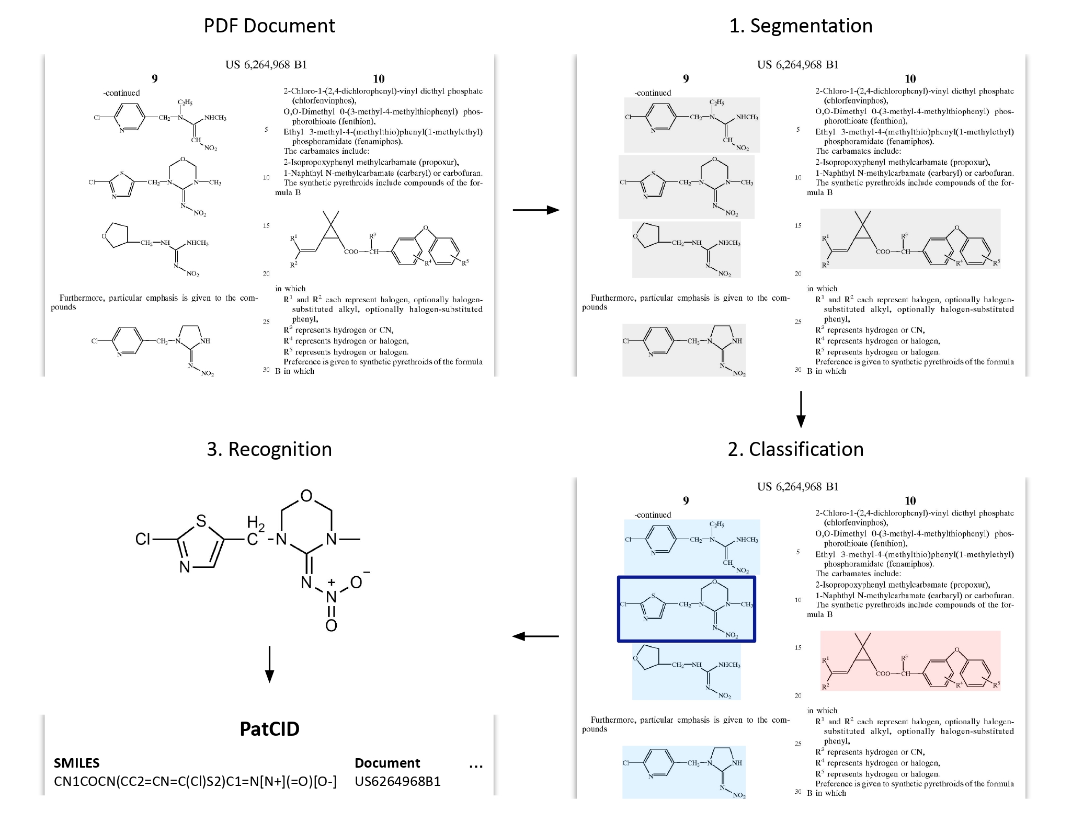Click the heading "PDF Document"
click(x=269, y=26)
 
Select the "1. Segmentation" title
click(x=801, y=26)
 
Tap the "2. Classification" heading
click(x=795, y=449)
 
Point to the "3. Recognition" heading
click(x=269, y=449)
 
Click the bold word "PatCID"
click(x=269, y=728)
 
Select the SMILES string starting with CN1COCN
click(x=195, y=781)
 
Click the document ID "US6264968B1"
click(x=397, y=781)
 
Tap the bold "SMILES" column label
click(x=76, y=763)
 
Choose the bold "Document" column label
click(x=387, y=763)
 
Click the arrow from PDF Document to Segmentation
click(x=536, y=210)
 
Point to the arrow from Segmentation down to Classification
click(x=801, y=409)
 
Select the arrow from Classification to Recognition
click(x=535, y=636)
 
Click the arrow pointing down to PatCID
click(x=269, y=664)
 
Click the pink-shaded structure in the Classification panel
click(x=910, y=661)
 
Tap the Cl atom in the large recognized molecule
click(x=143, y=539)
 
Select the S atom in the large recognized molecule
click(x=201, y=521)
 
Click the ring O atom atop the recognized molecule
click(x=306, y=496)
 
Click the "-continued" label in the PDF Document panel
click(x=121, y=93)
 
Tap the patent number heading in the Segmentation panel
click(x=797, y=65)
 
